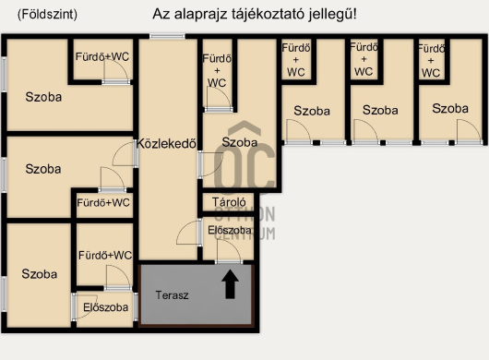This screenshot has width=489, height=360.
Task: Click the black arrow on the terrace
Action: (230, 284)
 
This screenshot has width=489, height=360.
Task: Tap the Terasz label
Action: (173, 295)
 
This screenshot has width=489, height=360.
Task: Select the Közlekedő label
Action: (166, 143)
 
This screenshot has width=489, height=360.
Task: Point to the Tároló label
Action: (229, 202)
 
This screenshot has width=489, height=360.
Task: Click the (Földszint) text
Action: (47, 15)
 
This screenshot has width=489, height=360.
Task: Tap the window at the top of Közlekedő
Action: (167, 36)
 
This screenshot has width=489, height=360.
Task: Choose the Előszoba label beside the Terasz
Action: (106, 307)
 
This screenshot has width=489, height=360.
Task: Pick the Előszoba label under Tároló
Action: (230, 230)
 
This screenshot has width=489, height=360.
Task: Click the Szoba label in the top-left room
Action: (43, 97)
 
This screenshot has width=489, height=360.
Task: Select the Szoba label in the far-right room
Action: (450, 109)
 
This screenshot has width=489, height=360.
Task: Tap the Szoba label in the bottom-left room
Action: (40, 274)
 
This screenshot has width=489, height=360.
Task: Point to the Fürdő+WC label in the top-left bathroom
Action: (102, 56)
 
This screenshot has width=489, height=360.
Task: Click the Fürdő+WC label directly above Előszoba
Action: (105, 255)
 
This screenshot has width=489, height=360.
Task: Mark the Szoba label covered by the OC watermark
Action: (240, 142)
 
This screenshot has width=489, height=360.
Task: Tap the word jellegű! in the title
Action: (333, 15)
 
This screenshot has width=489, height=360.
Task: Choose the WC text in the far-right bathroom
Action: (431, 73)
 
